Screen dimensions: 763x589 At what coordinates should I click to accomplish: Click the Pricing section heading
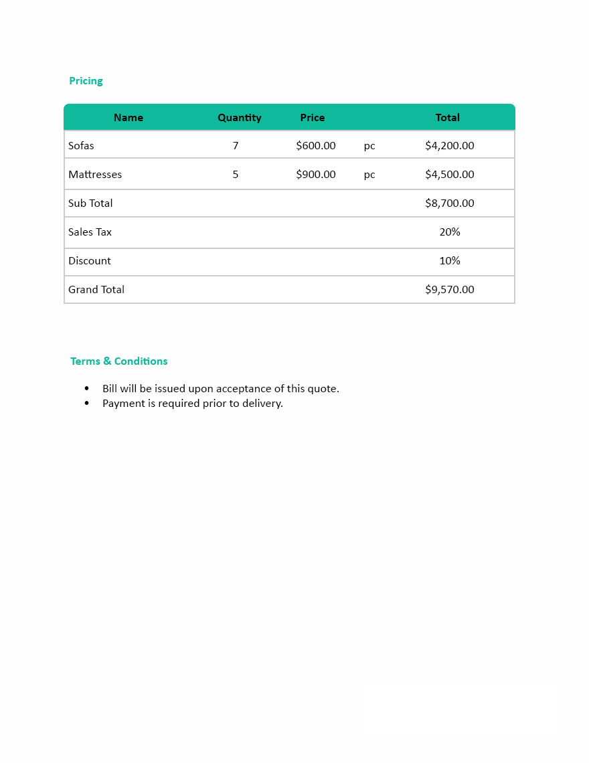pyautogui.click(x=86, y=81)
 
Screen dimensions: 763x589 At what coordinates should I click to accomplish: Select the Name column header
pyautogui.click(x=129, y=118)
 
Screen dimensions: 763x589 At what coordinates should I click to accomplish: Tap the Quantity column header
pyautogui.click(x=239, y=118)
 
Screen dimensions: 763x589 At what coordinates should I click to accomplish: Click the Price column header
pyautogui.click(x=312, y=118)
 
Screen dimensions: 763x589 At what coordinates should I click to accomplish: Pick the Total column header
pyautogui.click(x=447, y=118)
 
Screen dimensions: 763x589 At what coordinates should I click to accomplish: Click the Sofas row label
pyautogui.click(x=81, y=146)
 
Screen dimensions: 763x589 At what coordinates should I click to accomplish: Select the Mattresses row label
pyautogui.click(x=95, y=175)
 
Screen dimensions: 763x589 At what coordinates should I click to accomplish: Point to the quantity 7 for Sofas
pyautogui.click(x=236, y=146)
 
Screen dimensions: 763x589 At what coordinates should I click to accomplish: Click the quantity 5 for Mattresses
pyautogui.click(x=236, y=175)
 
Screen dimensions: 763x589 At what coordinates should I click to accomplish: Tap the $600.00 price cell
pyautogui.click(x=316, y=146)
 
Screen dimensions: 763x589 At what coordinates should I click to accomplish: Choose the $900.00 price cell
pyautogui.click(x=316, y=175)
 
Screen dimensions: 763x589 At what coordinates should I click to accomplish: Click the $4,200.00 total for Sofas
pyautogui.click(x=450, y=146)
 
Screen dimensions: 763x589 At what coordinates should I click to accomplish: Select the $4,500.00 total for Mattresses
pyautogui.click(x=450, y=175)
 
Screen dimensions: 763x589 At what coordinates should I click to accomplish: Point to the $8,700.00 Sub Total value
pyautogui.click(x=450, y=203)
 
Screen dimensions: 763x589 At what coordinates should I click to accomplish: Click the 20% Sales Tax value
pyautogui.click(x=450, y=232)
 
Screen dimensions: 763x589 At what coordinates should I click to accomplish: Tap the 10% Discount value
pyautogui.click(x=450, y=261)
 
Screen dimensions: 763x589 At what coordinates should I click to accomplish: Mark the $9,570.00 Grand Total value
pyautogui.click(x=450, y=290)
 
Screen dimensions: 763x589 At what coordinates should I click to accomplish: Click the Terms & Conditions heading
pyautogui.click(x=119, y=361)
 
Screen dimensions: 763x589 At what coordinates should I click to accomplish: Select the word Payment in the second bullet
pyautogui.click(x=123, y=404)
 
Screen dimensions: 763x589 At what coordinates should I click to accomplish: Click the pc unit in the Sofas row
pyautogui.click(x=369, y=146)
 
